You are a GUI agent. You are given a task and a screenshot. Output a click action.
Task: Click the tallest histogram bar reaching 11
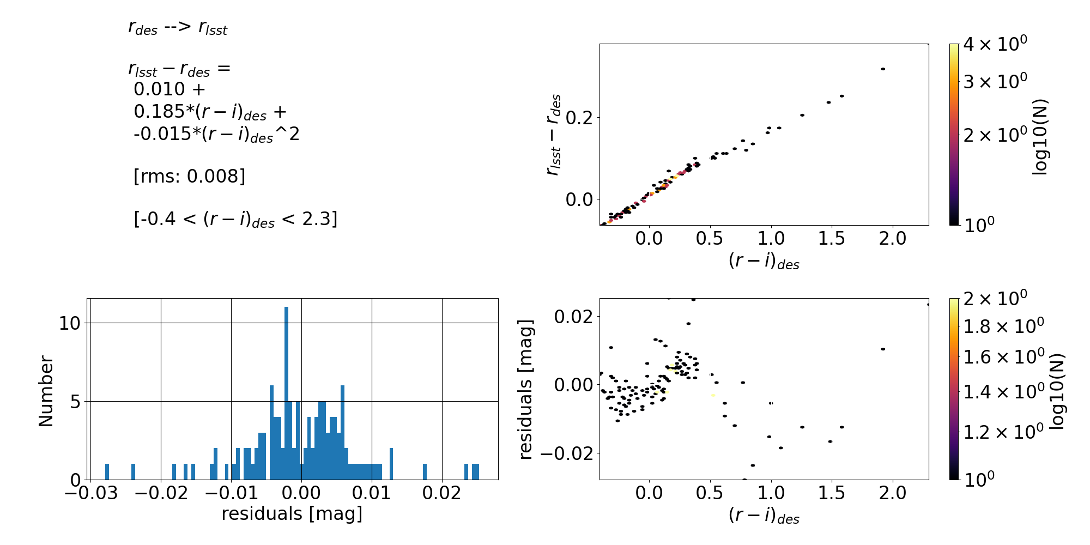click(286, 392)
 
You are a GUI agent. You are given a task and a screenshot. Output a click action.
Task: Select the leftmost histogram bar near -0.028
click(107, 472)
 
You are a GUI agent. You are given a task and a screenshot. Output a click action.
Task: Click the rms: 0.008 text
click(189, 177)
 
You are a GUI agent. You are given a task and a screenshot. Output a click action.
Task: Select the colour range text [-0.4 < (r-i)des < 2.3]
click(235, 219)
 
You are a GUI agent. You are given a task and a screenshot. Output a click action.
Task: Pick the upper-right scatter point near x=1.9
click(883, 69)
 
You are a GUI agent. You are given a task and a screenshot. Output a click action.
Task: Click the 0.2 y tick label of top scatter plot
click(580, 117)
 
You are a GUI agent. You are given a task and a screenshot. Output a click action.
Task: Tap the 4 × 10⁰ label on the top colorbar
click(995, 44)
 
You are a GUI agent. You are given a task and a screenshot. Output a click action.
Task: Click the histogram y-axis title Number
click(46, 391)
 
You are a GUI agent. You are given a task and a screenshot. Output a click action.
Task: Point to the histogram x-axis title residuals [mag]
click(292, 514)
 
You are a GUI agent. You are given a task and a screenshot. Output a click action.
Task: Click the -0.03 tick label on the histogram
click(90, 493)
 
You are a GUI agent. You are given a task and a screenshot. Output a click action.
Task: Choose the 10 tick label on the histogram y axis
click(70, 323)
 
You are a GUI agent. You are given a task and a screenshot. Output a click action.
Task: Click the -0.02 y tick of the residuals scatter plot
click(572, 453)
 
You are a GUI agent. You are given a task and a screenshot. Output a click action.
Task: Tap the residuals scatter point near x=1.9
click(883, 349)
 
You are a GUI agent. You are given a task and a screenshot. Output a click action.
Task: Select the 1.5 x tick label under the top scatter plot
click(832, 238)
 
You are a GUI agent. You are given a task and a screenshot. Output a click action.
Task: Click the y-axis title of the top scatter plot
click(554, 135)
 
